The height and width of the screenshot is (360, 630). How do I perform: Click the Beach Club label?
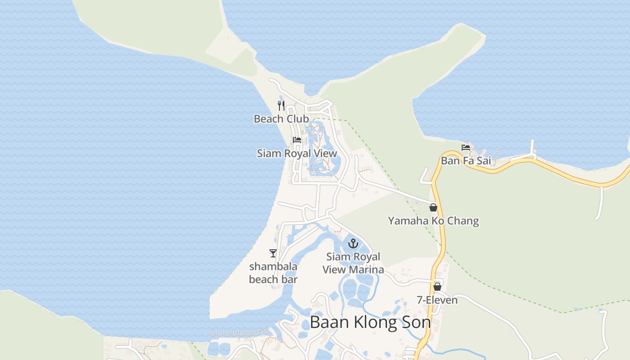(x=281, y=119)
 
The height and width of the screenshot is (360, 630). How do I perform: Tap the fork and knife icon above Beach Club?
(x=281, y=106)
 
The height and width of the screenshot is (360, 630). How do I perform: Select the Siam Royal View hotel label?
(x=297, y=153)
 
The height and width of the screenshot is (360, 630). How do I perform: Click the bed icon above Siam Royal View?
(x=297, y=140)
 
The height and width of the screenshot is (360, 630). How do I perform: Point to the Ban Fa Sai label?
(x=466, y=160)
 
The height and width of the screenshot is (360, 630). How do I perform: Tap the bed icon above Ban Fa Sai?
(x=466, y=147)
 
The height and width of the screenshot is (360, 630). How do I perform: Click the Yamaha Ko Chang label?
(x=433, y=221)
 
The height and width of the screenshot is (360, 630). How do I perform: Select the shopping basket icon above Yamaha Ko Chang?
(x=433, y=207)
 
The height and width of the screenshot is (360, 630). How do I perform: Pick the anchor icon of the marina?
(x=354, y=244)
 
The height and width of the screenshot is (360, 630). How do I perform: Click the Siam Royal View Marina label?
(x=354, y=263)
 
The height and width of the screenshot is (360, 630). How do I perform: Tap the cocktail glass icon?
(x=273, y=253)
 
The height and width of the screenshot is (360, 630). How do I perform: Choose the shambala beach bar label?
(x=273, y=273)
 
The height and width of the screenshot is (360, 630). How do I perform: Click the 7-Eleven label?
(x=437, y=300)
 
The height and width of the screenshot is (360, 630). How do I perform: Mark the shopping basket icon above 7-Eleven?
(x=437, y=287)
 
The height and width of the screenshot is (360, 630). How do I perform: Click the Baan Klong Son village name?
(x=370, y=322)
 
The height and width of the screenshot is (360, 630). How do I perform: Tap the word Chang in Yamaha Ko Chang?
(x=464, y=221)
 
